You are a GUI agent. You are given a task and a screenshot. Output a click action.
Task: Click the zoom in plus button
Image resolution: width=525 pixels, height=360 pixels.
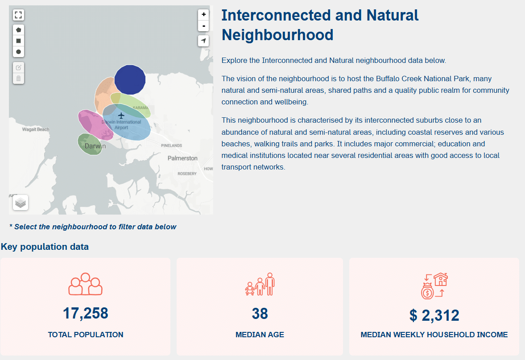coord(203,14)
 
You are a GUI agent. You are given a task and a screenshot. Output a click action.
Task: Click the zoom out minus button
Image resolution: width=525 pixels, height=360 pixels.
coord(203,26)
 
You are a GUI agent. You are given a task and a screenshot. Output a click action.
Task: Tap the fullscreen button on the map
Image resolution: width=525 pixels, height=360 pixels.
coord(18,15)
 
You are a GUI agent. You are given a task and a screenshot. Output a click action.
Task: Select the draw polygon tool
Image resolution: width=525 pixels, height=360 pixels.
coord(18,30)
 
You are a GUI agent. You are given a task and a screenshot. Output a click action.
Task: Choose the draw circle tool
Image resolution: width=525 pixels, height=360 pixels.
coord(18,52)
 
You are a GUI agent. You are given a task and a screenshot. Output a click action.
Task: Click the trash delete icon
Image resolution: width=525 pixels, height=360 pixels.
coord(18,79)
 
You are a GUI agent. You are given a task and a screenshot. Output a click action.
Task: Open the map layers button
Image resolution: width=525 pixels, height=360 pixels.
coord(21,203)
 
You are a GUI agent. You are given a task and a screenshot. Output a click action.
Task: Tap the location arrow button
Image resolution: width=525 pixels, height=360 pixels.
coord(203,41)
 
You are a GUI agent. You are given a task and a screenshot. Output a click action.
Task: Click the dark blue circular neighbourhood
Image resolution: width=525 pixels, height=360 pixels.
coord(130,80)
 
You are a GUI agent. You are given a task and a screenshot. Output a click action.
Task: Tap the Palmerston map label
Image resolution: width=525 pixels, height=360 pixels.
coord(182,158)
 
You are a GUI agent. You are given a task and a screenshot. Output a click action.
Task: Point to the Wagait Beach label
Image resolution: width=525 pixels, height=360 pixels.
coord(36,129)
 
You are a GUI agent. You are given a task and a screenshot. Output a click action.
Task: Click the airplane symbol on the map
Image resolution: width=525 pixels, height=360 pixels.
coord(121,116)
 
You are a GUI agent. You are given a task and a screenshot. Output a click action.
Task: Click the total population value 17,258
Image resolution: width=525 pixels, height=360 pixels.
coord(85,314)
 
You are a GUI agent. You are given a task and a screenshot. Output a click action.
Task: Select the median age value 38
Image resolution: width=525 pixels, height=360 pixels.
coord(260,314)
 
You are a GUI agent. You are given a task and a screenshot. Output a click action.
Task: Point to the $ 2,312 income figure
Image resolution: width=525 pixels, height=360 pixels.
coord(434,315)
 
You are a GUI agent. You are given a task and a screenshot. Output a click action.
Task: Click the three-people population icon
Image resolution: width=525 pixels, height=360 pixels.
coord(85,284)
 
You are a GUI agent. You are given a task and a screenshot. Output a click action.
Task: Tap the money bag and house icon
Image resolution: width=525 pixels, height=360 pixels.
coord(434,286)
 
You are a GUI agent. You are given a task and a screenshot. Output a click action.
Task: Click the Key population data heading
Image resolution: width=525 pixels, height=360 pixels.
coord(45,247)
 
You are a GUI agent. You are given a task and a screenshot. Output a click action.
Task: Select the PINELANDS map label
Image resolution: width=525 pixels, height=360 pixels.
coord(171,145)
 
